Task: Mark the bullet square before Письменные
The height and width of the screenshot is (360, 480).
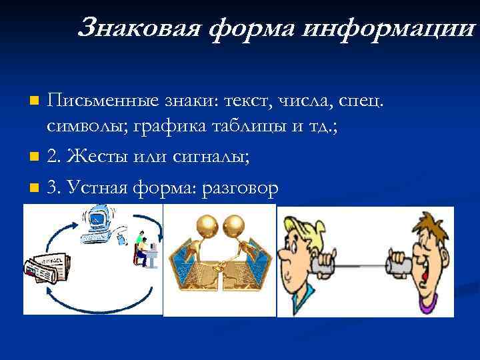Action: [x=35, y=101]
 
